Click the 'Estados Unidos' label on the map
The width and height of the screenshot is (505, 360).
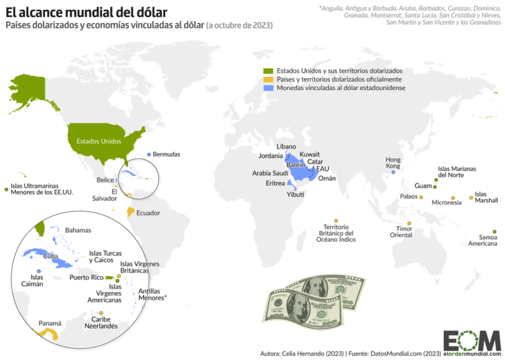tap(99, 141)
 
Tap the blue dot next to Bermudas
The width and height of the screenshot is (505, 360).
tap(149, 154)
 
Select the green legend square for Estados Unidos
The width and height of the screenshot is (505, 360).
tap(266, 70)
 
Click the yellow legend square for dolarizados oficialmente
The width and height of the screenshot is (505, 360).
tap(266, 79)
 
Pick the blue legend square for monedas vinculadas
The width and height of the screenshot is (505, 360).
tap(266, 87)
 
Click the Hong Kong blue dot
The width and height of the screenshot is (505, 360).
tap(393, 172)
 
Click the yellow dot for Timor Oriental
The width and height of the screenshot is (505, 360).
tap(409, 223)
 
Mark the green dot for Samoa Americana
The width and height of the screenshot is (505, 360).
tap(494, 231)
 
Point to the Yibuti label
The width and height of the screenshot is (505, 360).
tap(295, 195)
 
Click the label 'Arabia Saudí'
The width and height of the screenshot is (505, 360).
tap(270, 173)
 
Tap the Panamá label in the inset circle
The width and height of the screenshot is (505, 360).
tap(50, 323)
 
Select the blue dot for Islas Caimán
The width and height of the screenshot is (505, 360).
tap(39, 271)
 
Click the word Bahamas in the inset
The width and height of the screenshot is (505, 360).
tap(78, 230)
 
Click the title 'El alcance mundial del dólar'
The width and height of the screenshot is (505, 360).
tap(86, 12)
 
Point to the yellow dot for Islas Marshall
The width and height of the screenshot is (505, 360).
tap(471, 198)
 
